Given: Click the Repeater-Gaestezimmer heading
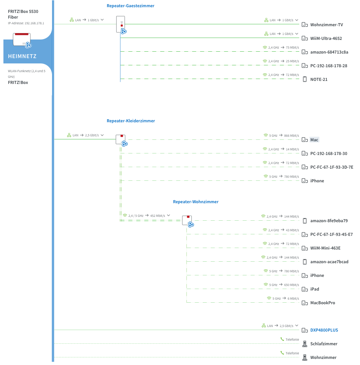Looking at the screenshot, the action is coord(130,6).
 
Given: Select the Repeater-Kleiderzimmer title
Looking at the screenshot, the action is coord(131,121).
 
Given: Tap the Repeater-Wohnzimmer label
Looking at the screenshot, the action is coord(196,202).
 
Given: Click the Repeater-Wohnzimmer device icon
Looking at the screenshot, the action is coord(188,221).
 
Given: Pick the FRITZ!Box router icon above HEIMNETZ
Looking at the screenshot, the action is coord(22,40).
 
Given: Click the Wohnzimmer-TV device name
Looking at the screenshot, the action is coord(327,25).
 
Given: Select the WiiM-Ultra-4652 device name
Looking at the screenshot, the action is coord(326,38).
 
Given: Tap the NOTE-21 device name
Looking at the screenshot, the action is coord(319,79).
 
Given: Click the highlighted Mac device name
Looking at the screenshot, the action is coord(314,140).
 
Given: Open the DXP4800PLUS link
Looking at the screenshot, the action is coord(324,330).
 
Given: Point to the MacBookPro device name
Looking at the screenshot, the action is coord(322,303).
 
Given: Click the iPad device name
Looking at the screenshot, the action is coord(315,289).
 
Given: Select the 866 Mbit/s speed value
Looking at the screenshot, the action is coord(292,136).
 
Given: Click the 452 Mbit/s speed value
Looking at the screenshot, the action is coord(158,216).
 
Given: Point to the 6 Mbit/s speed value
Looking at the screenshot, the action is coord(293,299).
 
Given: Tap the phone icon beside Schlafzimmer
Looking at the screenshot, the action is coord(305,344).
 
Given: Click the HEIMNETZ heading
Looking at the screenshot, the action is coord(22,56).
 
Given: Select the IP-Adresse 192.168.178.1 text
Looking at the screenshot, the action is coord(26,23).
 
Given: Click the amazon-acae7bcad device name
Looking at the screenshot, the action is coord(329,262).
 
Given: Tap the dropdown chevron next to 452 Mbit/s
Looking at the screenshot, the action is coord(169,215).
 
